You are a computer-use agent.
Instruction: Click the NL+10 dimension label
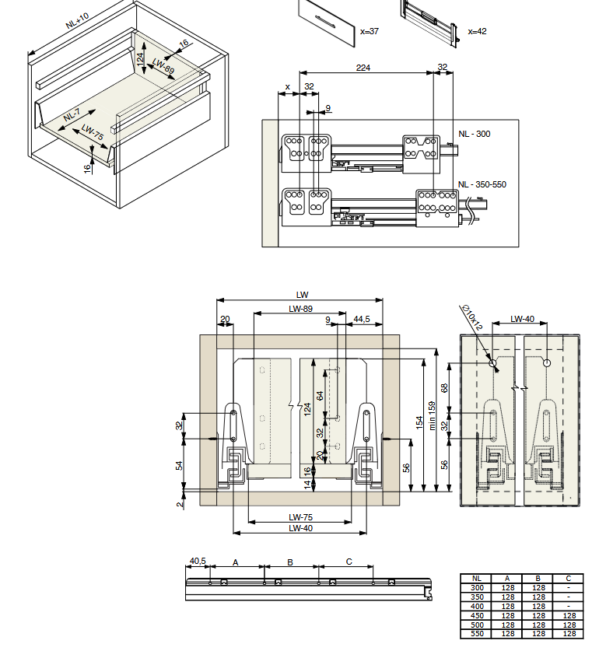pos(78,20)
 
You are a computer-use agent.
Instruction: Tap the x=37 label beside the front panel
pos(370,31)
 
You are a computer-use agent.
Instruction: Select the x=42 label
pos(477,31)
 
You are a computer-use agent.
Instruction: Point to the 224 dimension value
pos(363,68)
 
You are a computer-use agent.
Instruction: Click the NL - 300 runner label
pos(475,134)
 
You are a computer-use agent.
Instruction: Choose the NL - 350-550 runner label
pos(482,184)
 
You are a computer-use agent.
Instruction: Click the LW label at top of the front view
pos(302,295)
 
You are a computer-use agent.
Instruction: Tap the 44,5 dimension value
pos(362,320)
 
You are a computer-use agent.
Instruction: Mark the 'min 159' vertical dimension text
pos(432,415)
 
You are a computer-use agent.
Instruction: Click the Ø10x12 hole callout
pos(472,317)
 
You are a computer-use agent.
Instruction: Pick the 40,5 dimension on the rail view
pos(198,561)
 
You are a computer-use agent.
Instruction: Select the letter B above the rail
pos(290,562)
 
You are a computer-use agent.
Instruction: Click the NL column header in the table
pos(477,579)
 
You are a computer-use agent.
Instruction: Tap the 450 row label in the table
pos(477,616)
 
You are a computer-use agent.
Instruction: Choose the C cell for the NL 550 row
pos(569,634)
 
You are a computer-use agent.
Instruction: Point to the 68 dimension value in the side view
pos(444,388)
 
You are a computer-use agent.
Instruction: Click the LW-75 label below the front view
pos(300,517)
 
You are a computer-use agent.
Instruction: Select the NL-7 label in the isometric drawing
pos(72,114)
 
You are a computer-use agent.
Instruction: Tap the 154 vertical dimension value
pos(419,422)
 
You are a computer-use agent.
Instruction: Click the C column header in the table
pos(569,579)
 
